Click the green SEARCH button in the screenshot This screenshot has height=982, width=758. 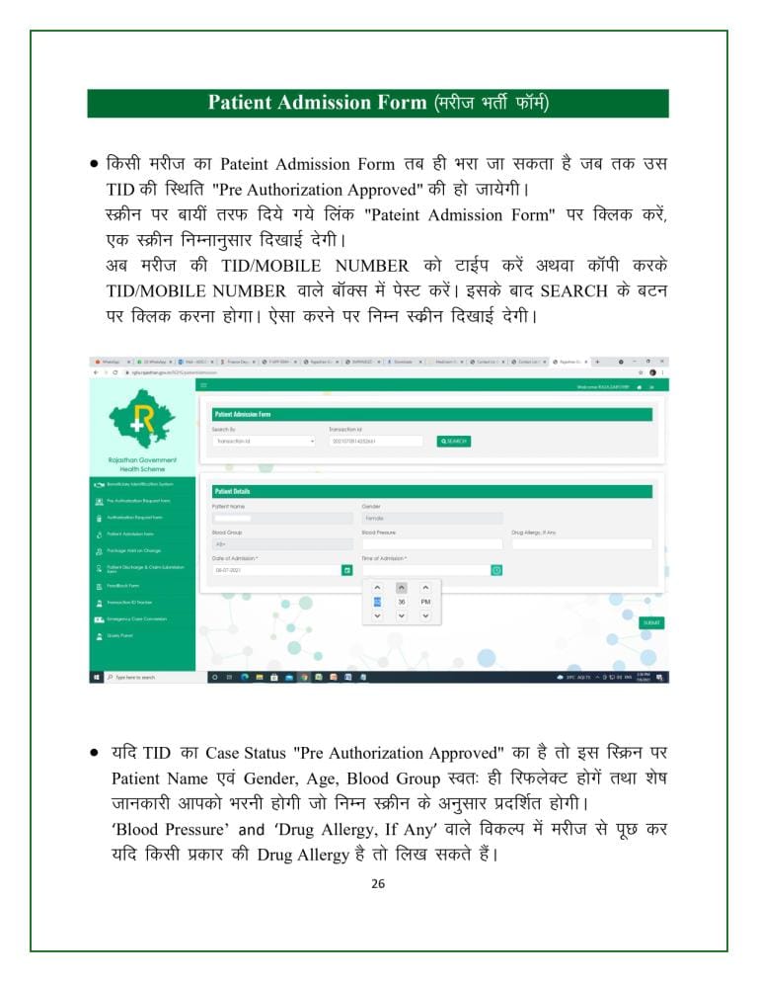pos(453,441)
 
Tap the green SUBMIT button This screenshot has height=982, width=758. pos(651,622)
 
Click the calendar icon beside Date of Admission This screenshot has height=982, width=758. pos(346,570)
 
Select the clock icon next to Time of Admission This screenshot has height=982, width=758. pos(496,570)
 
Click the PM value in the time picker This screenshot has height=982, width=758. pos(425,601)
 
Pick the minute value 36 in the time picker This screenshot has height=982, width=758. pos(401,601)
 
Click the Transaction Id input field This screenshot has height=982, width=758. pos(375,441)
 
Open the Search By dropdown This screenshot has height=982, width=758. pos(264,441)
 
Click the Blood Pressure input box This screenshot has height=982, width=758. pos(431,543)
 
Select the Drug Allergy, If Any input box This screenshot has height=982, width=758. pos(581,543)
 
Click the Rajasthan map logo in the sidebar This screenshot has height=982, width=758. pos(142,418)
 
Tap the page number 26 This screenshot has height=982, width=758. pos(378,883)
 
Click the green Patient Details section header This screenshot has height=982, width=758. pos(431,491)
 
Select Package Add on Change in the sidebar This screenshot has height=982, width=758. pos(133,550)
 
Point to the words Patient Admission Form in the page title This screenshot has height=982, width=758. pos(316,103)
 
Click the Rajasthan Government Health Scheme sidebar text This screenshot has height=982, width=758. pos(142,464)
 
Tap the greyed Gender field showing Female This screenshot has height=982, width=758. pos(431,517)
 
